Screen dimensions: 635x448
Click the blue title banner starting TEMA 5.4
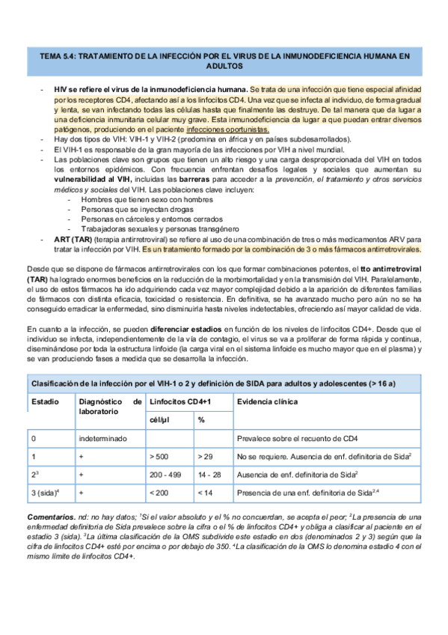[x=224, y=60]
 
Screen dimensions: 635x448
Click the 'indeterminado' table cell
[x=103, y=438]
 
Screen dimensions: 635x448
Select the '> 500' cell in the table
[x=159, y=456]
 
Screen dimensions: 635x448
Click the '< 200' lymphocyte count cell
[x=159, y=493]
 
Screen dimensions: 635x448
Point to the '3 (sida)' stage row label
[x=46, y=493]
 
